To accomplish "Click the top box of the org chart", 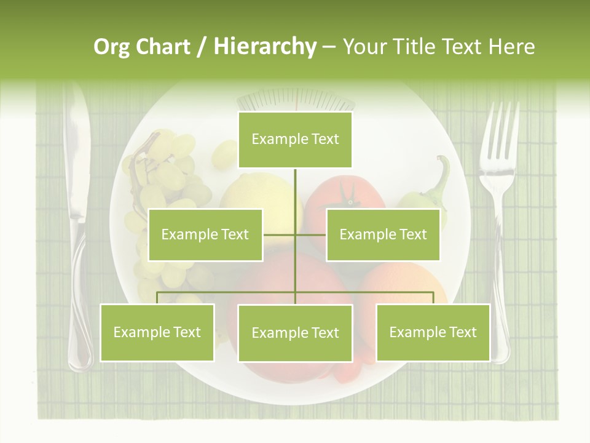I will (295, 140).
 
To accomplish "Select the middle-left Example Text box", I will (205, 234).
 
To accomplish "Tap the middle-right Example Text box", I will (383, 234).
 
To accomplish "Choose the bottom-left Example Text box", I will (157, 332).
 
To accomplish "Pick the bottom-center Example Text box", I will (295, 333).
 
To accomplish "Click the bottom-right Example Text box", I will (433, 332).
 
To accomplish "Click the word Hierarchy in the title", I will (265, 47).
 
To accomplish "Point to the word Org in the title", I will (112, 47).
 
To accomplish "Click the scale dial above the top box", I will (295, 100).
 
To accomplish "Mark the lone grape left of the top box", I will (224, 154).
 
